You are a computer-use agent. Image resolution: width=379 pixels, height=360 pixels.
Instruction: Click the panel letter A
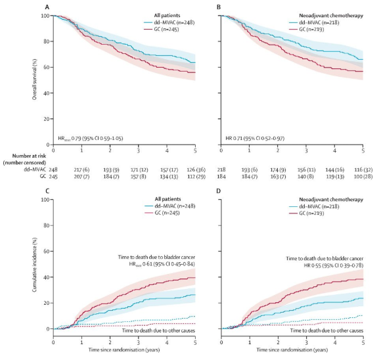click(47, 7)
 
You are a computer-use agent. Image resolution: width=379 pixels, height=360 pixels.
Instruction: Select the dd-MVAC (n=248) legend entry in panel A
click(164, 23)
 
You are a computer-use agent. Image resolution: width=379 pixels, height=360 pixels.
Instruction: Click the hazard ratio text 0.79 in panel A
click(78, 139)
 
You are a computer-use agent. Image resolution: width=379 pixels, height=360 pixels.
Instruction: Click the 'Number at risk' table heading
click(24, 154)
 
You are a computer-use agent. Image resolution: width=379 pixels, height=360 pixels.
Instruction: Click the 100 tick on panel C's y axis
click(47, 200)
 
